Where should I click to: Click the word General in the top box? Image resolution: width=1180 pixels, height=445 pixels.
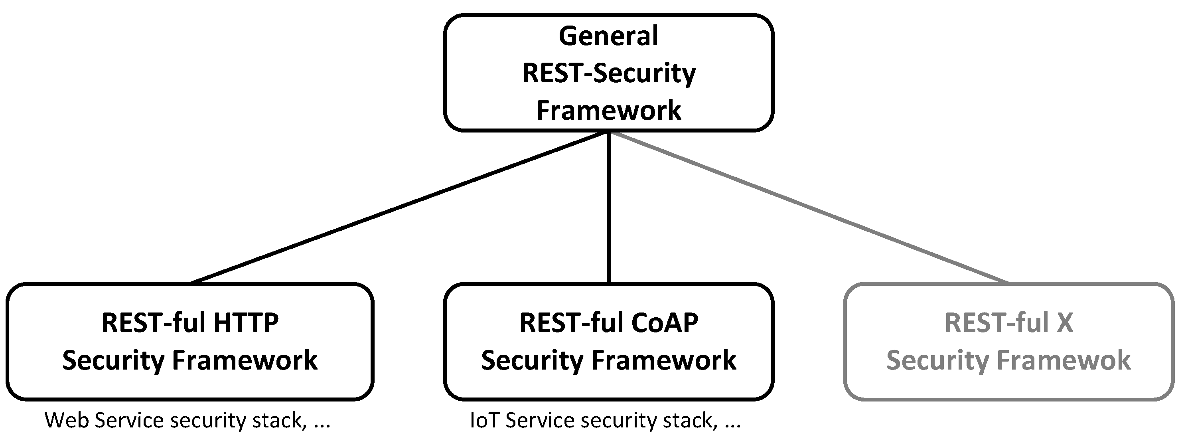608,36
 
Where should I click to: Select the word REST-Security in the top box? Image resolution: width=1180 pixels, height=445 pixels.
609,73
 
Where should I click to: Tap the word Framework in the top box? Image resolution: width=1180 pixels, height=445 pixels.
609,111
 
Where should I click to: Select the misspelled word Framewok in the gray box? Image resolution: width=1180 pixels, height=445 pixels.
1064,360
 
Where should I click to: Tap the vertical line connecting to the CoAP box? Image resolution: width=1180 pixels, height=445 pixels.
609,206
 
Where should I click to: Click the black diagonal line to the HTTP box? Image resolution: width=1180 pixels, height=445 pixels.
399,207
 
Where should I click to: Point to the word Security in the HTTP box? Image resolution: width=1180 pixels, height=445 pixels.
113,360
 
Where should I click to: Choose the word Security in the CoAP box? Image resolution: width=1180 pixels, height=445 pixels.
532,360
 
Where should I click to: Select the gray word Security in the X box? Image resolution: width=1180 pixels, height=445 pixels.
938,360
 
